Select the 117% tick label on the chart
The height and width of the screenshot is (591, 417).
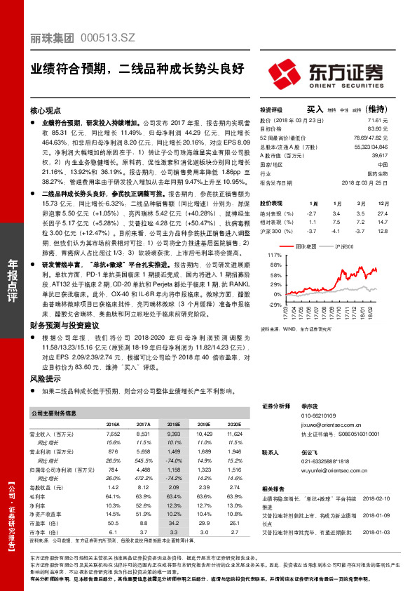pos(274,254)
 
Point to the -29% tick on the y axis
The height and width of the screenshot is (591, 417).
pos(274,304)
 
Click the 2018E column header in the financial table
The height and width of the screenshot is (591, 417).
pos(174,425)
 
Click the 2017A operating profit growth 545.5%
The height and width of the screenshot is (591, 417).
pos(143,460)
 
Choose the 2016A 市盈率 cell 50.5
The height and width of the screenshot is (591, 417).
pos(112,522)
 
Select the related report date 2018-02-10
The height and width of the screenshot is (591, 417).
pos(384,497)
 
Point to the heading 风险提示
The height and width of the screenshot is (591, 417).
pos(46,378)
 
